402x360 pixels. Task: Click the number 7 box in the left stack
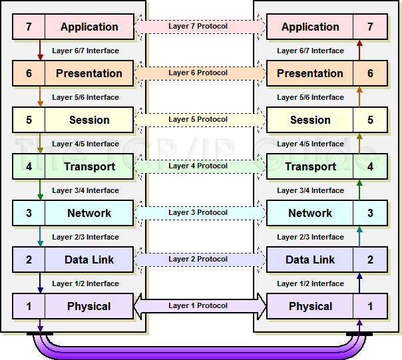coord(29,27)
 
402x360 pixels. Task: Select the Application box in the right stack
coord(310,27)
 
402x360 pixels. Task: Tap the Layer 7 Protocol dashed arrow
coord(199,27)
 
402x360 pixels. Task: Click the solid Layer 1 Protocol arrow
coord(199,306)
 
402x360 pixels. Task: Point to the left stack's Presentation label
coord(89,74)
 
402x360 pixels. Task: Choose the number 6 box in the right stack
coord(370,74)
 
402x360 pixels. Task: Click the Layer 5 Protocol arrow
coord(199,120)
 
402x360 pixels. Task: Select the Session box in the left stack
coord(89,120)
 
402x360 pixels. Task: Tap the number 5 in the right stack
coord(370,120)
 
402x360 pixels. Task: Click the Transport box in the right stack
coord(310,167)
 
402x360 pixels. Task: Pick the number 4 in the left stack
coord(29,167)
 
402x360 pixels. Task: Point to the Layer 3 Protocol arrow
coord(199,213)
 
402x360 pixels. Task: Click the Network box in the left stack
coord(89,214)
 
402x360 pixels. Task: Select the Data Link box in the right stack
coord(310,260)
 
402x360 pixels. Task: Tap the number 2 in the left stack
coord(29,260)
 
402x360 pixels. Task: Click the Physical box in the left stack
coord(89,307)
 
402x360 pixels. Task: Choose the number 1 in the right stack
coord(370,307)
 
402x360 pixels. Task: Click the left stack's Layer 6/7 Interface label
coord(85,51)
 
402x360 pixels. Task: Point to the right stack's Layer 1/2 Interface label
coord(310,283)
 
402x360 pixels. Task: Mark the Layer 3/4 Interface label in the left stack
coord(85,190)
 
